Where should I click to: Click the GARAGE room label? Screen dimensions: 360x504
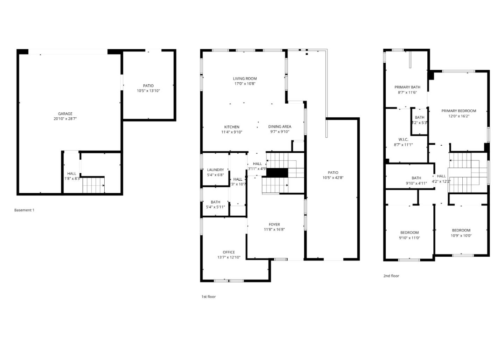click(65, 114)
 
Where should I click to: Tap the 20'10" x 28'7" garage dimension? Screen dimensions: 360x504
click(65, 119)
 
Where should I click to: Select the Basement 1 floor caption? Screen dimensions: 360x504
click(24, 210)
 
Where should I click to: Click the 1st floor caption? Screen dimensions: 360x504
click(208, 297)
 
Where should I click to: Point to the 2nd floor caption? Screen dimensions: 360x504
click(391, 276)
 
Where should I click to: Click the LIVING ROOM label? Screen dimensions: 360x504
click(245, 79)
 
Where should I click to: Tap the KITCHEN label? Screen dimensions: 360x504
click(232, 127)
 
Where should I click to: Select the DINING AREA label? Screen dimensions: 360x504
click(280, 127)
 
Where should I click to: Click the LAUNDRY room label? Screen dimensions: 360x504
click(215, 170)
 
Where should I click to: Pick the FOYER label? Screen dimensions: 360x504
click(274, 224)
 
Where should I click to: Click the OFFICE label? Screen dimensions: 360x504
click(229, 252)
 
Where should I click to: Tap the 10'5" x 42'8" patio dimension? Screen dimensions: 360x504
click(333, 178)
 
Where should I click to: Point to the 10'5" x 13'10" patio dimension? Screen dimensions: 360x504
click(148, 91)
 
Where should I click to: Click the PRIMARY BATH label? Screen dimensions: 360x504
click(407, 87)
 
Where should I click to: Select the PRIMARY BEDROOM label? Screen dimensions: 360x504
click(458, 111)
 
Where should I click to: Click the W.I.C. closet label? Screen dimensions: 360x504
click(403, 139)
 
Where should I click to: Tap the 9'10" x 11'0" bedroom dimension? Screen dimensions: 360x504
click(409, 238)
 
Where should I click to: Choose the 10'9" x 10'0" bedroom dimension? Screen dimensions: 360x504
click(461, 235)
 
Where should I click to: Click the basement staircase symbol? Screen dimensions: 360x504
click(93, 185)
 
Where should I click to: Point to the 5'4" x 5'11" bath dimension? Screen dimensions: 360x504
click(215, 207)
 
